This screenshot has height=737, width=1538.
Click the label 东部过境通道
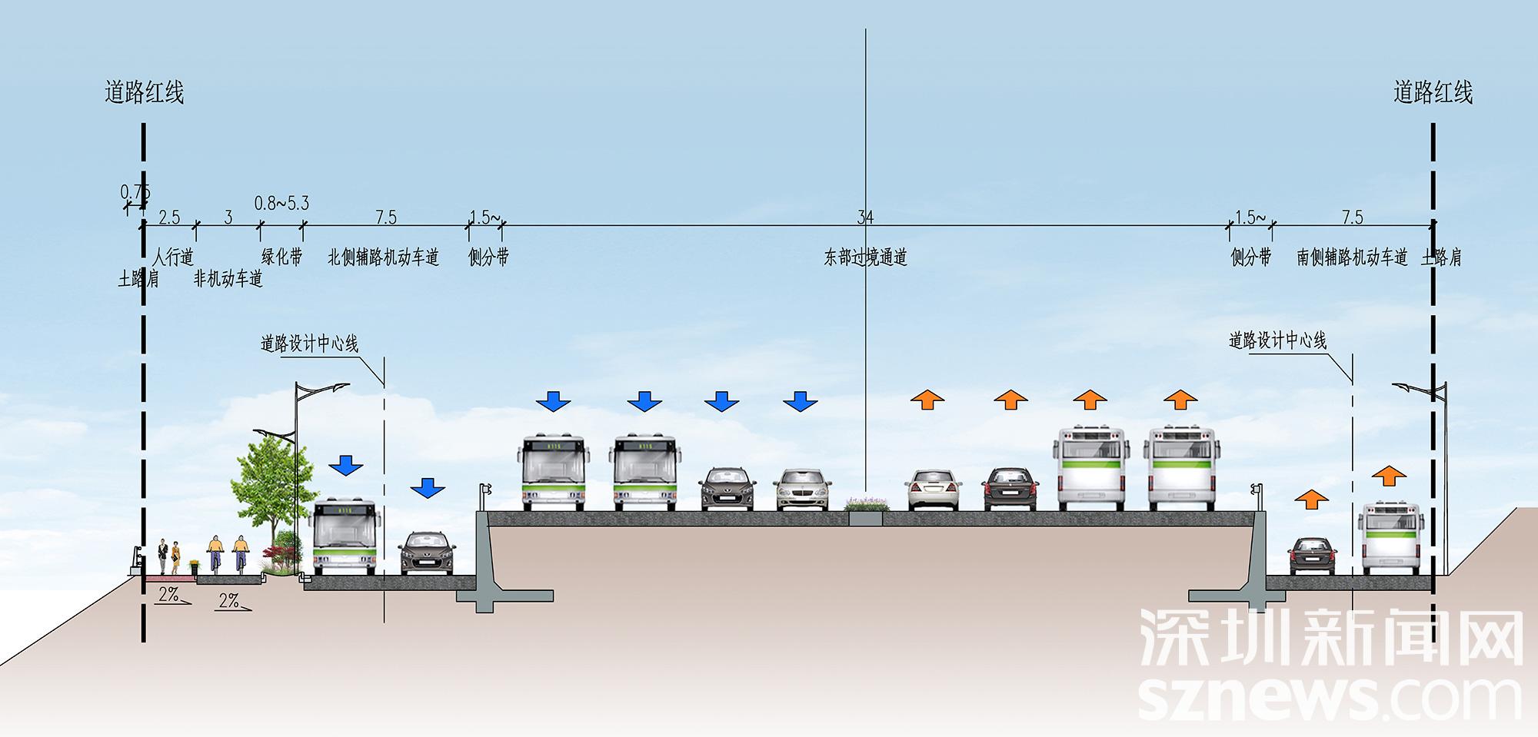point(865,257)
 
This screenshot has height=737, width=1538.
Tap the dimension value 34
point(865,217)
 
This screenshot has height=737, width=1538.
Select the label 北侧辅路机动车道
point(383,257)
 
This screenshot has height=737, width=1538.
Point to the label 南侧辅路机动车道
point(1352,257)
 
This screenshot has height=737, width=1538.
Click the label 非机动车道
point(228,278)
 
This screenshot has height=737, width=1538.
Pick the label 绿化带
point(281,257)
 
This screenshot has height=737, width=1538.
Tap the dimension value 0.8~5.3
point(281,204)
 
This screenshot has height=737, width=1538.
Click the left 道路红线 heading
point(145,93)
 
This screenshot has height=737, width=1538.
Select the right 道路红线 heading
point(1433,93)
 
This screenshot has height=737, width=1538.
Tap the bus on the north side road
point(345,536)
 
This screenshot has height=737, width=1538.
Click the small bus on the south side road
point(1390,538)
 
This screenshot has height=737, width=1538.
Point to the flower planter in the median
point(867,505)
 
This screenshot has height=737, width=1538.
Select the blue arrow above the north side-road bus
point(346,465)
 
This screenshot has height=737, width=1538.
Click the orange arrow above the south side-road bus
point(1389,476)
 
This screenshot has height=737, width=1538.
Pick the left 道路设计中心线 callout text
point(309,344)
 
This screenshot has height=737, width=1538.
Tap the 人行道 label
point(173,257)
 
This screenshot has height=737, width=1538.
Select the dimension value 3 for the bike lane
point(228,217)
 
